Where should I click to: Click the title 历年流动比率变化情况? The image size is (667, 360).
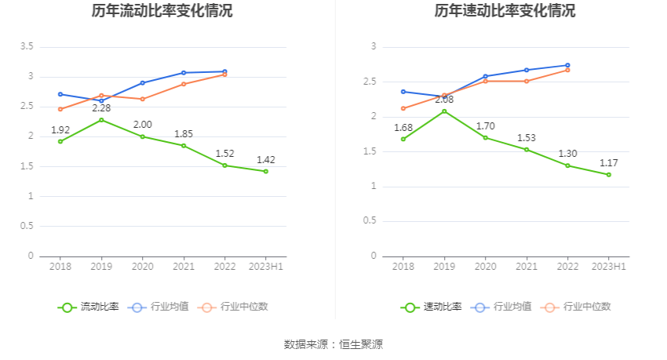click(162, 11)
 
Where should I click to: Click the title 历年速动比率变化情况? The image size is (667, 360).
click(505, 11)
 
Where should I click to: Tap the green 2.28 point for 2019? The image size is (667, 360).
click(101, 120)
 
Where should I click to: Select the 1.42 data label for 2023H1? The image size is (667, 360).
click(266, 160)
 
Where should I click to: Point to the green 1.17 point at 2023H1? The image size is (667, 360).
click(609, 175)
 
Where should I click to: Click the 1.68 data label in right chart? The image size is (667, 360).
click(403, 128)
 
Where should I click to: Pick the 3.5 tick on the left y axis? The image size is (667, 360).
click(27, 47)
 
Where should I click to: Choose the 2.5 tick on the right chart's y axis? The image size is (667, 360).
click(370, 82)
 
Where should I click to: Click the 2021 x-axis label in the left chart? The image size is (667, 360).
click(184, 267)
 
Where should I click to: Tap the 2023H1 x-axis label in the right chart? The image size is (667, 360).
click(609, 267)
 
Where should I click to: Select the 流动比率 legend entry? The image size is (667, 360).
click(89, 307)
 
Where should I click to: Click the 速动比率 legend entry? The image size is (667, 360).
click(432, 307)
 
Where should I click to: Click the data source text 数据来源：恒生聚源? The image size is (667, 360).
click(333, 344)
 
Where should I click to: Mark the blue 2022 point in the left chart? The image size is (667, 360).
click(224, 71)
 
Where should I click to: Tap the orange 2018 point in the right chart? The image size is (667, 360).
click(403, 108)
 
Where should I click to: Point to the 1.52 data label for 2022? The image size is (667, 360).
click(224, 154)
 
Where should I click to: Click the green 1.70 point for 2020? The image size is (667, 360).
click(486, 138)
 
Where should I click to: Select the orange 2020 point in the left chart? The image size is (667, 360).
click(142, 99)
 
